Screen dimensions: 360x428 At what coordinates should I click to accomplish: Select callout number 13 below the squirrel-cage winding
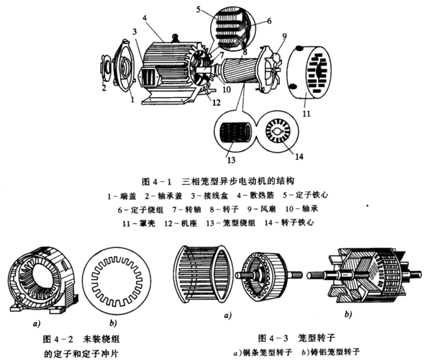coord(231,158)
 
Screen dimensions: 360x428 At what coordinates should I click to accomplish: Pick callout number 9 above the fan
coord(283,35)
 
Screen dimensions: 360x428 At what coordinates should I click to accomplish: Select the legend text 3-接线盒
coord(209,195)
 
